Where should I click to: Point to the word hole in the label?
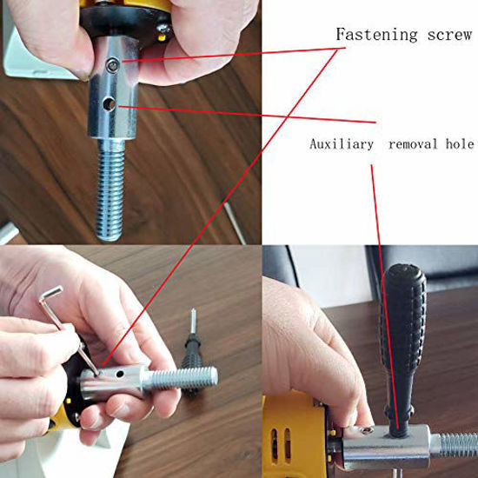tap(459, 143)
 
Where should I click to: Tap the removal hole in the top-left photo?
tap(108, 105)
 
